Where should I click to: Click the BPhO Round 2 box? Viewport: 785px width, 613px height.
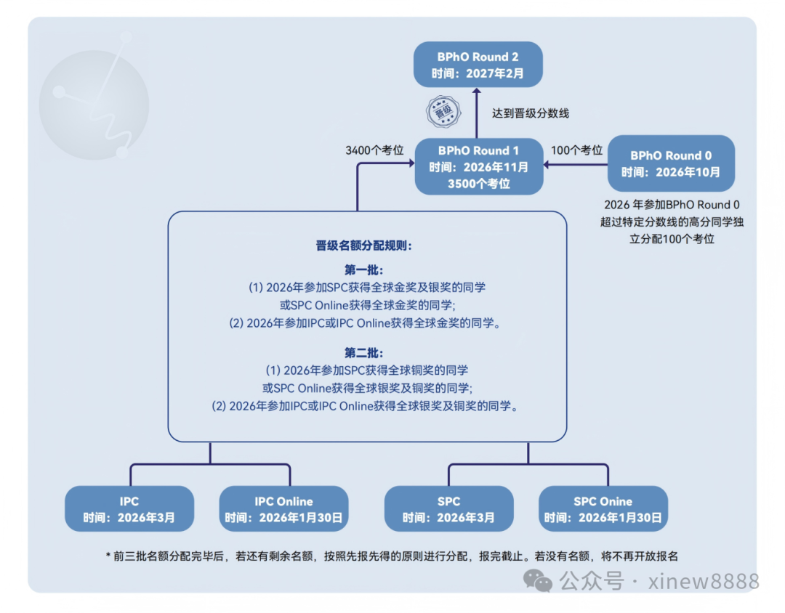coord(477,65)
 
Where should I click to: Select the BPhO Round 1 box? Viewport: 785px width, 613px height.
coord(478,167)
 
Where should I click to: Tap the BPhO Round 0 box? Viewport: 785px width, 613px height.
coord(671,163)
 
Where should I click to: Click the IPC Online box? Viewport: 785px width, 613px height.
coord(283,509)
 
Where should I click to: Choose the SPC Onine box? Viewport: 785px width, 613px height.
coord(603,509)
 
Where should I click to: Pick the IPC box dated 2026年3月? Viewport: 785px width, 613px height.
coord(129,509)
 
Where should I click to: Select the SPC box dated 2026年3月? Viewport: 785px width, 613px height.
coord(448,509)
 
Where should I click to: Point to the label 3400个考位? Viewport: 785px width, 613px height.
coord(374,150)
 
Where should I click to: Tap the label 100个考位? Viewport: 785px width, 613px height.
coord(577,150)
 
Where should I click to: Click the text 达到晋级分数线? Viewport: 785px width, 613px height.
coord(531,113)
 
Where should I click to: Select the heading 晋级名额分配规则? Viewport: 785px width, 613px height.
coord(364,245)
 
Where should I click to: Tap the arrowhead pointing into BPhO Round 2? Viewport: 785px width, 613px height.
coord(478,92)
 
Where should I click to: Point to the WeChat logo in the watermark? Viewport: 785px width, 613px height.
coord(539,580)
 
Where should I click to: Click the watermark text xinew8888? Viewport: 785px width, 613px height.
coord(704,581)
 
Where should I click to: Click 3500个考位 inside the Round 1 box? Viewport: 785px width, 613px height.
coord(478,184)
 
